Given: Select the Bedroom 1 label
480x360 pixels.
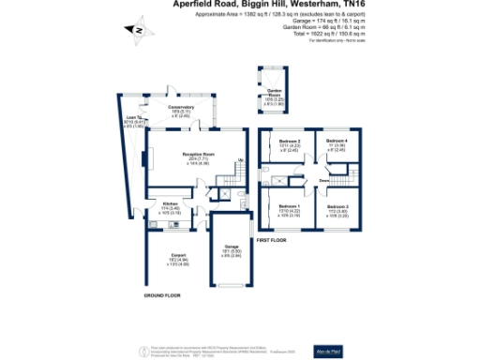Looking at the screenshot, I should click(288, 206).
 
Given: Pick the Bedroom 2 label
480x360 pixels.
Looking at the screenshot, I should click(289, 141).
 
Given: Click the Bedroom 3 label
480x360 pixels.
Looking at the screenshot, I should click(338, 206).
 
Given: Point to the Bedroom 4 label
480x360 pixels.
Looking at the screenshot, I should click(337, 141).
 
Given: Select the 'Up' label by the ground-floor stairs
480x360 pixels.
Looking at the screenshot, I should click(240, 160).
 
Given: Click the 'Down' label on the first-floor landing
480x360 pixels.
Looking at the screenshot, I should click(322, 180).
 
